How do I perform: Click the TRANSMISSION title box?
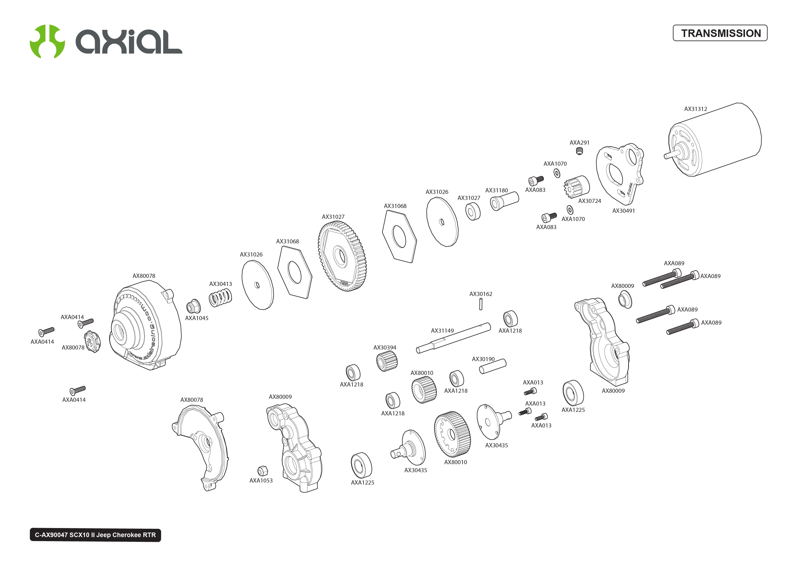(x=720, y=33)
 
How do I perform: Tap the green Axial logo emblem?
(x=47, y=41)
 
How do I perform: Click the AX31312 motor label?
(x=695, y=109)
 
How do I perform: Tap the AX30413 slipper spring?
(x=220, y=298)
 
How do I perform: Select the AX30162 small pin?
(x=481, y=304)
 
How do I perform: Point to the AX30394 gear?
(x=387, y=361)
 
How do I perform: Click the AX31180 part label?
(x=496, y=190)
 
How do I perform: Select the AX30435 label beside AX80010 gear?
(x=496, y=445)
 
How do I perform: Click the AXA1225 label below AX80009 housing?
(x=573, y=410)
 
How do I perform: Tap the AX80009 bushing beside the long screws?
(x=625, y=300)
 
